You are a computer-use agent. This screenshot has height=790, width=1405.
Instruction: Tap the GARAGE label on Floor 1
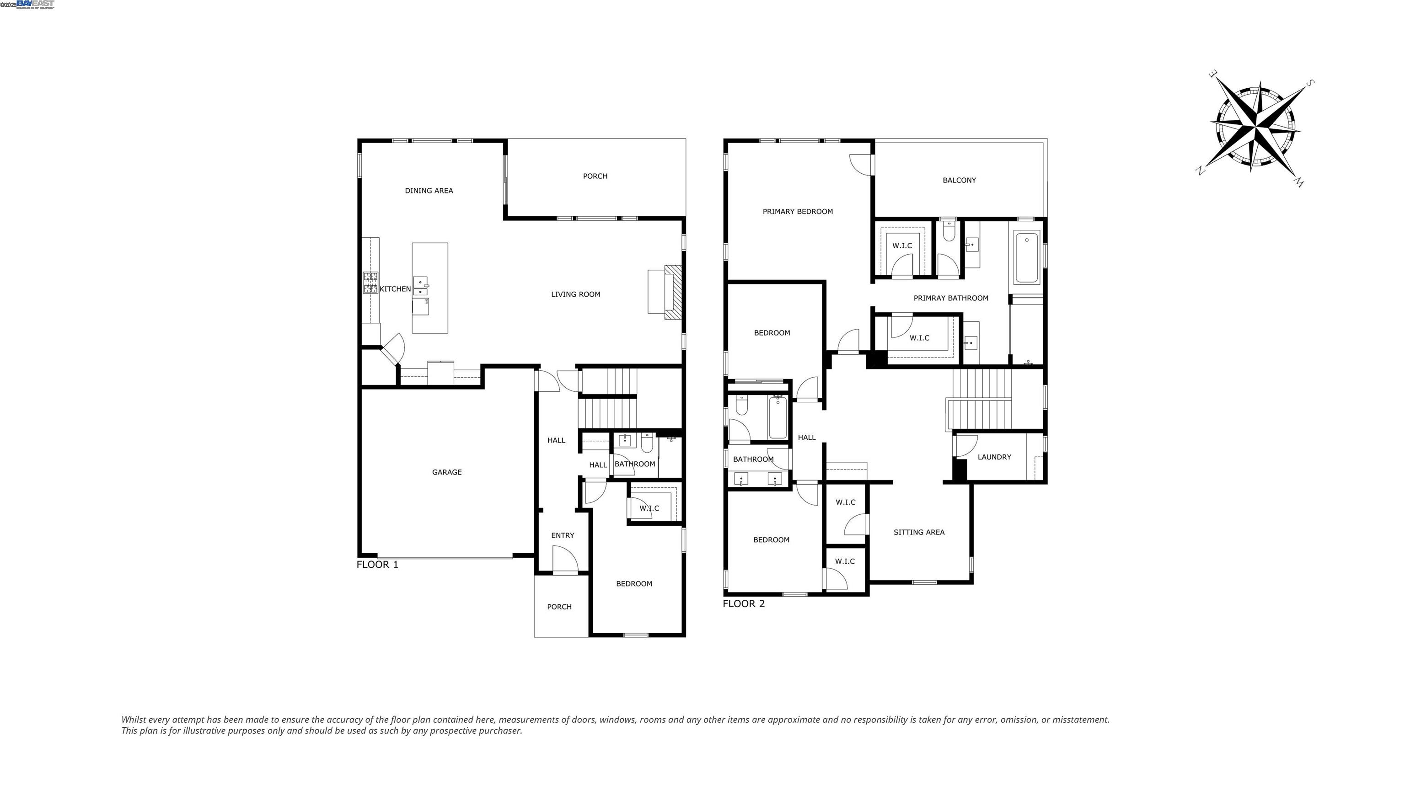(x=447, y=472)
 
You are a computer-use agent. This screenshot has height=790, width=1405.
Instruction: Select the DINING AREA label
(x=429, y=191)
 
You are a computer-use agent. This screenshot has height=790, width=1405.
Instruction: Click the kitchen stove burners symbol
(x=371, y=283)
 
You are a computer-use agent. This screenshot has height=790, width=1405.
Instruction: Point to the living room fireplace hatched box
(x=674, y=292)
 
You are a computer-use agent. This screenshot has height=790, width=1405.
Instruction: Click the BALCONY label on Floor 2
(x=959, y=181)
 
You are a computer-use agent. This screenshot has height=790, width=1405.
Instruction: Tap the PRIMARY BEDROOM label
(x=798, y=212)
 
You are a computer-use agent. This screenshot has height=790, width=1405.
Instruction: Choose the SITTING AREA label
(x=918, y=532)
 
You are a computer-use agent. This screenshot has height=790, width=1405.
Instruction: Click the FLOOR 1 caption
(x=377, y=565)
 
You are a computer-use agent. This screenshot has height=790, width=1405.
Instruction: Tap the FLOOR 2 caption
(x=743, y=604)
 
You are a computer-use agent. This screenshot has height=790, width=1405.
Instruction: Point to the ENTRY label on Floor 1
(x=563, y=535)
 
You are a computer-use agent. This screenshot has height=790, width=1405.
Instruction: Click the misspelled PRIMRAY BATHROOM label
(x=951, y=298)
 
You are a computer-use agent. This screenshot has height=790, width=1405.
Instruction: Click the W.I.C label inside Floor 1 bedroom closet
(x=649, y=508)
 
